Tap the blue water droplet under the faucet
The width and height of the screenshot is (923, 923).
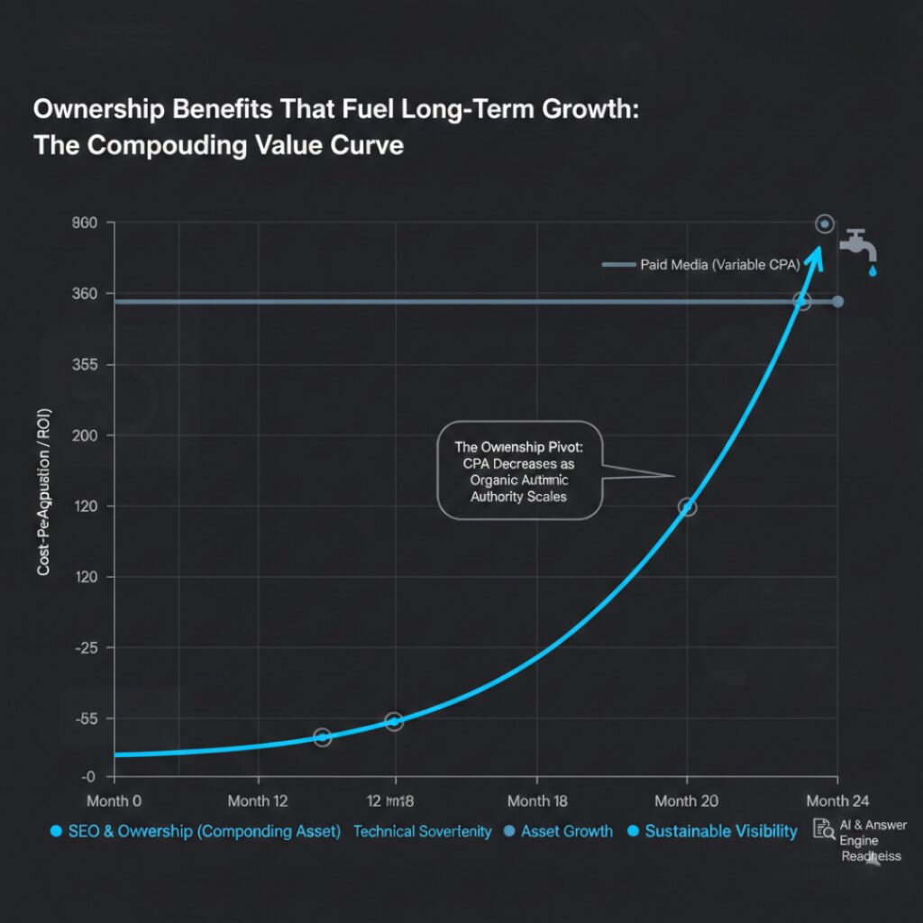point(873,270)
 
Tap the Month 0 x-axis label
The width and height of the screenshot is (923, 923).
point(114,800)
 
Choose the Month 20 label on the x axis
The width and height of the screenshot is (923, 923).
point(688,800)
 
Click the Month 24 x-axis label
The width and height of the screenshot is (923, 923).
point(839,800)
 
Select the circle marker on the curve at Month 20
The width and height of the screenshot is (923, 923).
point(687,507)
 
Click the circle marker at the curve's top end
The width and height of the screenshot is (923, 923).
point(824,224)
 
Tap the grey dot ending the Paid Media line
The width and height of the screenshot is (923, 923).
point(838,301)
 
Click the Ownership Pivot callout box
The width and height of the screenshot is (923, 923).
point(519,471)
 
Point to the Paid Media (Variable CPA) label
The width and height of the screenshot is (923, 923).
point(713,264)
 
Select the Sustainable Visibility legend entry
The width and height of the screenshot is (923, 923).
point(712,831)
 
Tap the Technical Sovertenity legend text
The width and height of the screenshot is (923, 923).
point(422,831)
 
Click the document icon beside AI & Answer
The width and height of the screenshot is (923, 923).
point(821,829)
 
